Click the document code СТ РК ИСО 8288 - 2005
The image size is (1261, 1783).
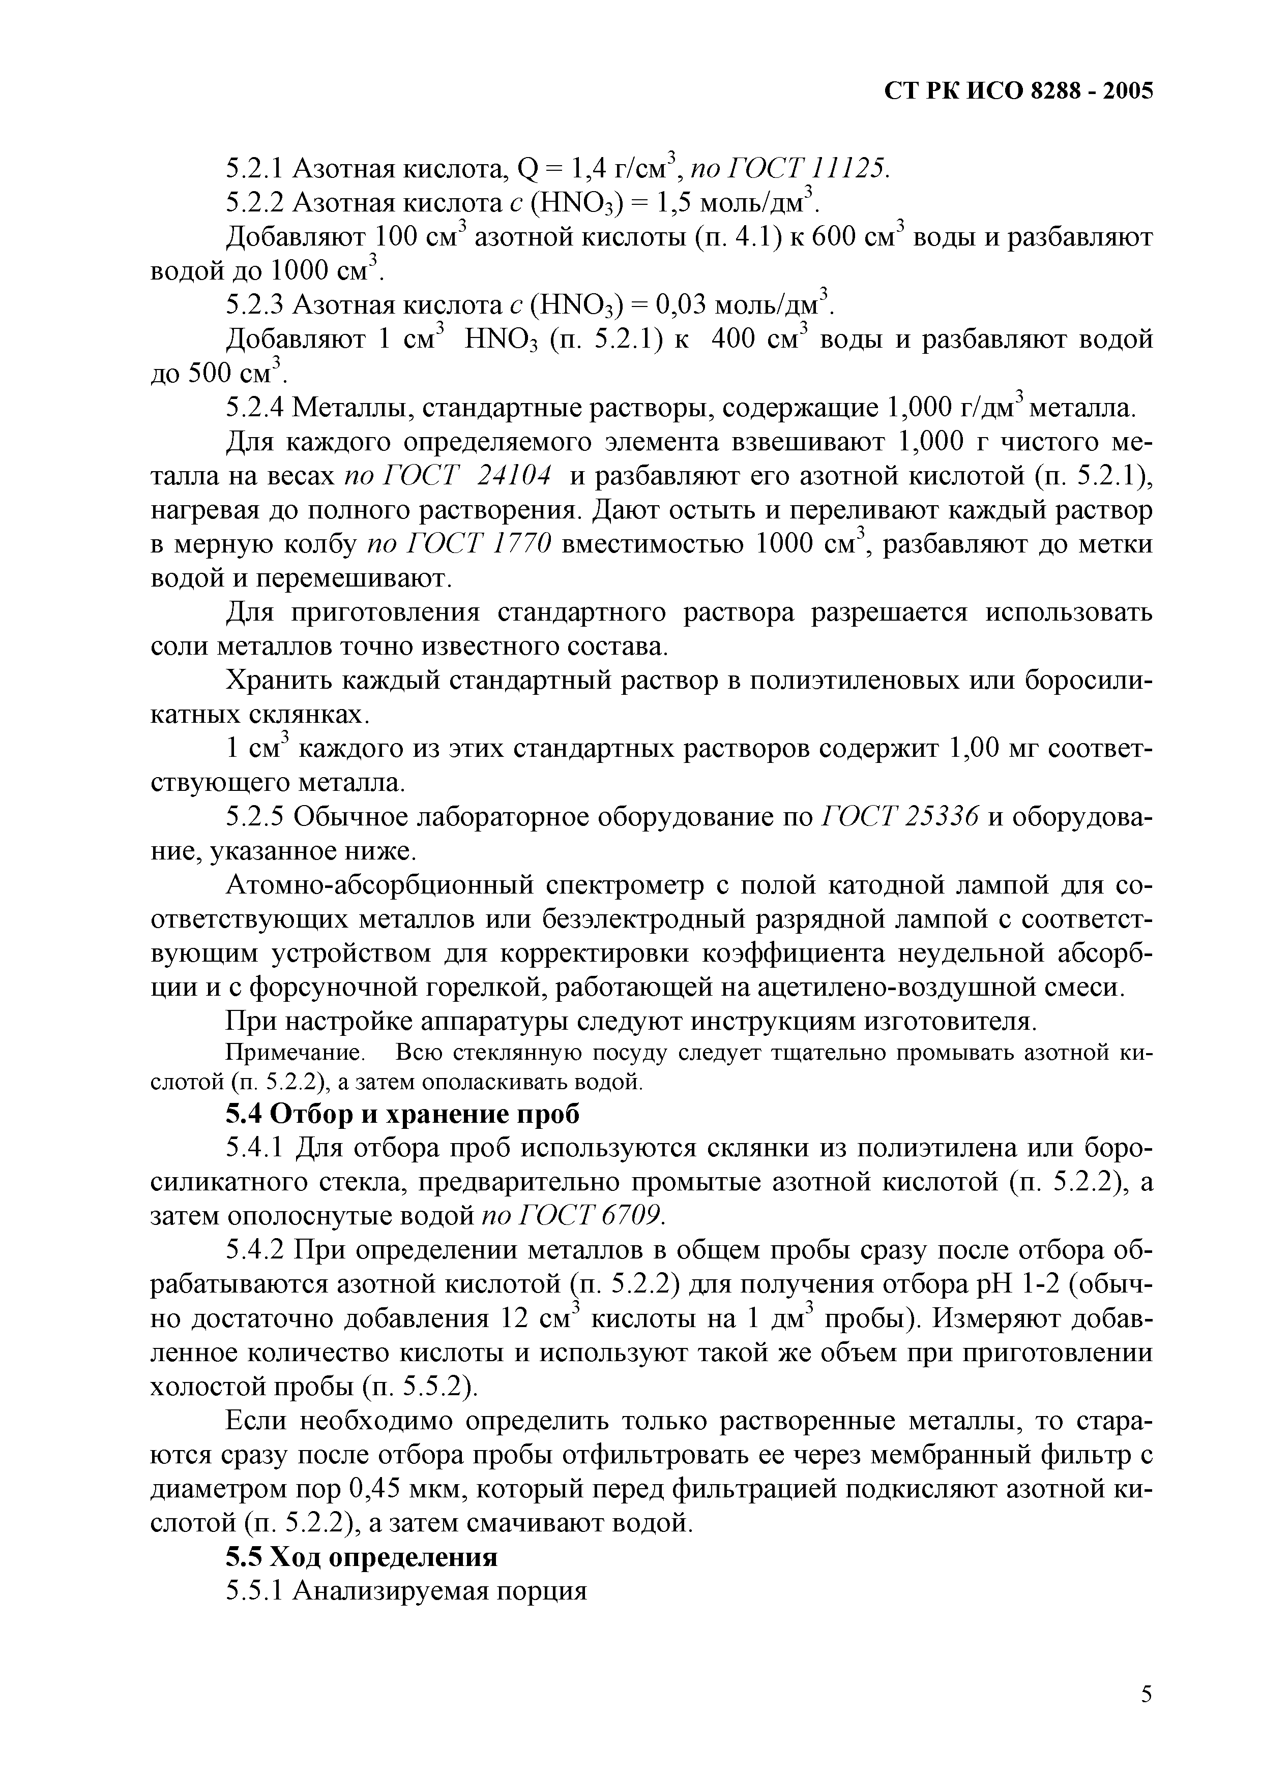[x=1018, y=91]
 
